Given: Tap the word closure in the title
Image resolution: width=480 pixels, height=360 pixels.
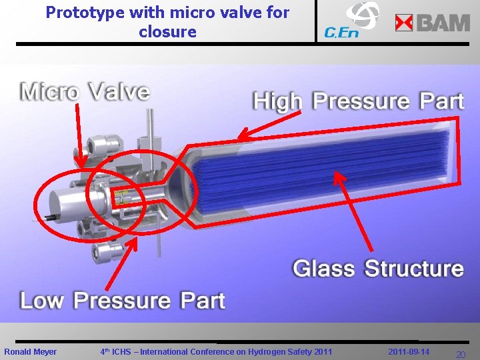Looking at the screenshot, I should tap(167, 31).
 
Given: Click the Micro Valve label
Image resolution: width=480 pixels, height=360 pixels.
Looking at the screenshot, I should tap(85, 91).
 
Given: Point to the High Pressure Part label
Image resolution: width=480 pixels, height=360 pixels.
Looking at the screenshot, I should tap(357, 101).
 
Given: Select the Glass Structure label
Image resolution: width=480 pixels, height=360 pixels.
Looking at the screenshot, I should tap(378, 269).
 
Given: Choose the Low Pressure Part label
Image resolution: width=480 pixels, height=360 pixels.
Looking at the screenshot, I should tap(122, 301).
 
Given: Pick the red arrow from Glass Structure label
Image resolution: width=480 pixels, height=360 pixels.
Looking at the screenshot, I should tap(353, 213).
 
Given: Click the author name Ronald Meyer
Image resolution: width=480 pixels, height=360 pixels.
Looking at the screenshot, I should tap(31, 351).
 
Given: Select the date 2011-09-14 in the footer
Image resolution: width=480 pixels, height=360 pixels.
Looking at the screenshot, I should tap(409, 351).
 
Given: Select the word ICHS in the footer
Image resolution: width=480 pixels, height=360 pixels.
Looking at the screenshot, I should tap(124, 351).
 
